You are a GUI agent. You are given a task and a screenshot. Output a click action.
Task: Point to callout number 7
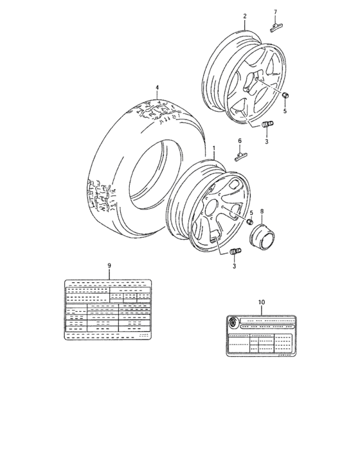[275, 12]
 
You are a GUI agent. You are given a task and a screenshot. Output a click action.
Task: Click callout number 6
[240, 140]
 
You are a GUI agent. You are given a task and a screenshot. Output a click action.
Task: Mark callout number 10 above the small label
[260, 301]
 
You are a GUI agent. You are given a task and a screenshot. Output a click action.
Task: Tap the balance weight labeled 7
[276, 26]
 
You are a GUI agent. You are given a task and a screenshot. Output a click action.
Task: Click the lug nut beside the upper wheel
[285, 96]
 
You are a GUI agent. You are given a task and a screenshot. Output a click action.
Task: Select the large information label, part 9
[108, 310]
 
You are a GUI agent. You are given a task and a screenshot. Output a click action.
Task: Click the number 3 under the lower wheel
[235, 266]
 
